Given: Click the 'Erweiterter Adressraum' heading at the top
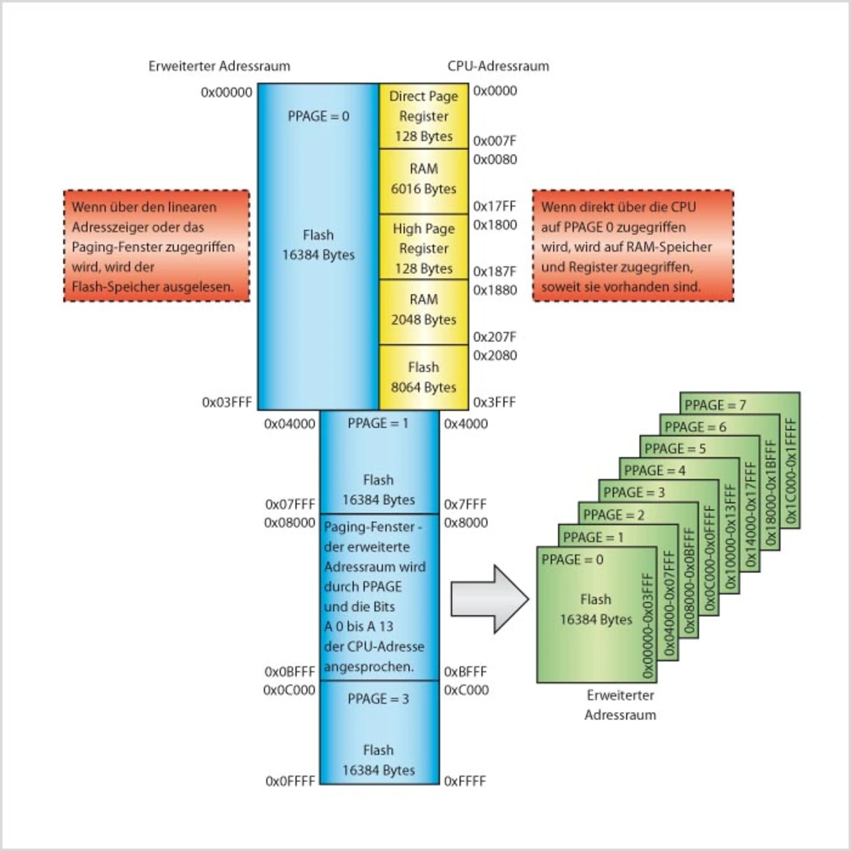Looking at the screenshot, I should [219, 66].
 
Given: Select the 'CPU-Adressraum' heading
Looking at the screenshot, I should [498, 66].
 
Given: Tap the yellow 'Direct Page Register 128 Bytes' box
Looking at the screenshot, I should [424, 116].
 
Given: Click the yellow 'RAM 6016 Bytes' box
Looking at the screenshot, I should [424, 179].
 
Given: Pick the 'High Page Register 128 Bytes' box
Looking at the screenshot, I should [424, 248].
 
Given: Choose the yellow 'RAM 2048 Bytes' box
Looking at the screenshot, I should [424, 310].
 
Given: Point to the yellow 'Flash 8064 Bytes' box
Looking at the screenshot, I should [424, 377].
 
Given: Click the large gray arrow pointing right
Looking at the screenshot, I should [489, 598].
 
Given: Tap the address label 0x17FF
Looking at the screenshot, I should [495, 206].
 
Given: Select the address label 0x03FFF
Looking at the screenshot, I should [227, 402].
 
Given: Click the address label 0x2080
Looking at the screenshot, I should [495, 356].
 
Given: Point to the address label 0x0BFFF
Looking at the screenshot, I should [289, 671].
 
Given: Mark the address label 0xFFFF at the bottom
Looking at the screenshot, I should [465, 781].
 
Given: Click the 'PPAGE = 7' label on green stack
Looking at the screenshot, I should [715, 405].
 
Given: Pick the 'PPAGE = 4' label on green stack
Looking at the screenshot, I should [654, 471].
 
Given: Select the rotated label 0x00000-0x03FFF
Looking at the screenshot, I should [647, 625].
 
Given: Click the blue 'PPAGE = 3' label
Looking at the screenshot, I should [378, 699].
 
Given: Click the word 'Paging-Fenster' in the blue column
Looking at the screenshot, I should [369, 527].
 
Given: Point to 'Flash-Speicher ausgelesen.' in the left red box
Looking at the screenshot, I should [152, 287].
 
